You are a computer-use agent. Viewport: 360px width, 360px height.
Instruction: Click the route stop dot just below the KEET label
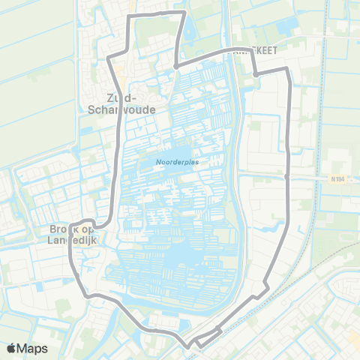[256, 74]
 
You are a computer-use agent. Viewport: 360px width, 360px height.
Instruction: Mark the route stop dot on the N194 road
[288, 177]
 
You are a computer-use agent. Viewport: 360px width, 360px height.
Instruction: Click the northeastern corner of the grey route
[286, 70]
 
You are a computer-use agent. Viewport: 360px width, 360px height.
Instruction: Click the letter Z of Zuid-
[110, 97]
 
